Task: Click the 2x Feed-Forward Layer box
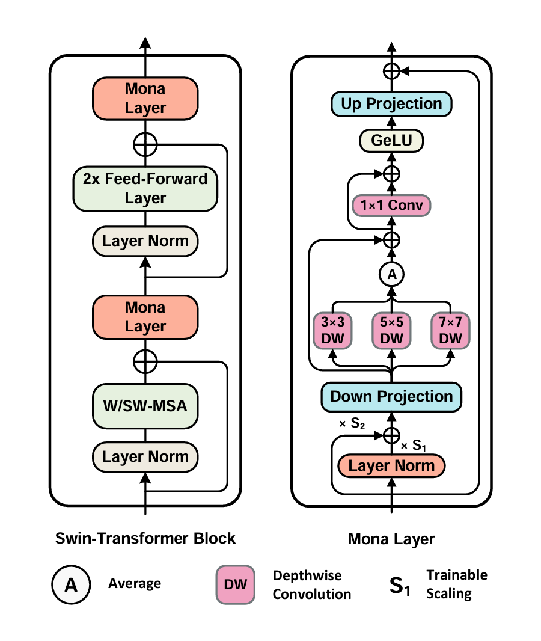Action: coord(145,188)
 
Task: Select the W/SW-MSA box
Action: coord(145,406)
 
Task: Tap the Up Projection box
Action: coord(391,104)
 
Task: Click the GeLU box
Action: coord(391,141)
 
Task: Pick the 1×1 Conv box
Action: coord(391,206)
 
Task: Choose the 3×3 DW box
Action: coord(333,330)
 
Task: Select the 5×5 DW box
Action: coord(391,330)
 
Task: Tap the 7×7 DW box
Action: coord(450,330)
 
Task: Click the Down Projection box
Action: coord(391,397)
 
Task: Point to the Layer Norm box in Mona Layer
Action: coord(391,466)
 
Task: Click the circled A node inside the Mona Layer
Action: coord(391,275)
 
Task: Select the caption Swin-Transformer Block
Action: coord(145,538)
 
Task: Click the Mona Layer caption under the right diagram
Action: coord(391,539)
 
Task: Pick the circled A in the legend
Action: coord(71,584)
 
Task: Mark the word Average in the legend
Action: coord(135,584)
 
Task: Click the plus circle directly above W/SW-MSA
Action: coord(145,362)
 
